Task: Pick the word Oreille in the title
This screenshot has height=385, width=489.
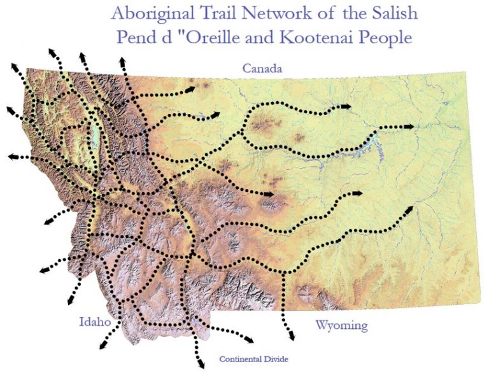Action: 213,36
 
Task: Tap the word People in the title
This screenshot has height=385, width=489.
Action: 383,36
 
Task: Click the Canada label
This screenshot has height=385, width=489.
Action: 262,68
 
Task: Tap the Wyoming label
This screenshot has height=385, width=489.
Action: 341,326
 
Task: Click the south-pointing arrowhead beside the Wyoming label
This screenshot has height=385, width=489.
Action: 291,335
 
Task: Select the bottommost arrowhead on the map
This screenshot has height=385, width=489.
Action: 201,365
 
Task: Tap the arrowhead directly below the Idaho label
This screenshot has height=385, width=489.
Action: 102,346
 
